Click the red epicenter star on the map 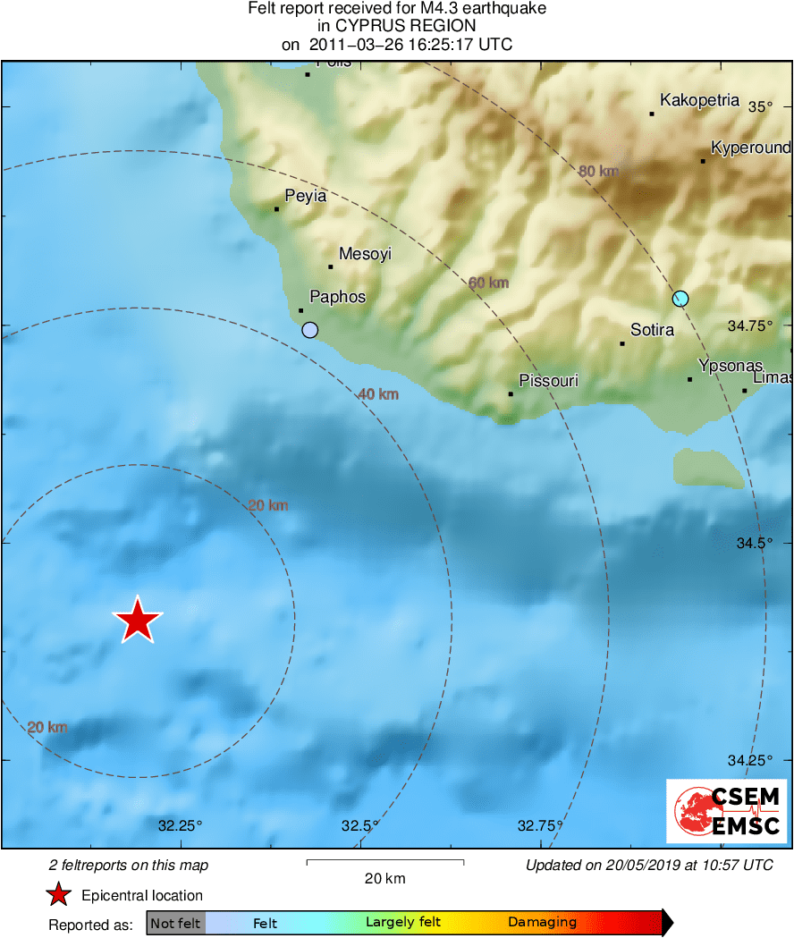(137, 620)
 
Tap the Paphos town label (337, 297)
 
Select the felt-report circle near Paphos (309, 330)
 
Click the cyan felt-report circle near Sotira (680, 299)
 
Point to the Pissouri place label (548, 381)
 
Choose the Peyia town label (305, 196)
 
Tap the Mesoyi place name (365, 254)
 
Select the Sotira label (652, 330)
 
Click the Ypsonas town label (731, 366)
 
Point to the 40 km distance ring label (377, 394)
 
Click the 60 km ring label (488, 283)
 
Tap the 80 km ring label (598, 172)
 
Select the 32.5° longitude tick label (359, 825)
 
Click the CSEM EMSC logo (726, 811)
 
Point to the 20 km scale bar (384, 862)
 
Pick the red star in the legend (59, 895)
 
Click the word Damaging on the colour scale (542, 923)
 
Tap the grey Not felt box (175, 923)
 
